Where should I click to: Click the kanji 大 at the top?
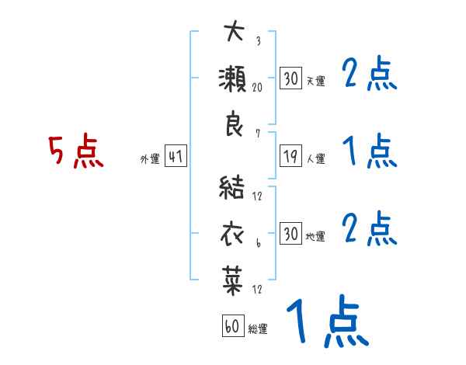[234, 33]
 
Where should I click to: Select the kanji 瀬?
[234, 79]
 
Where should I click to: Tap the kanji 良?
[234, 125]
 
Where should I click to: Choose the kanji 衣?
[234, 234]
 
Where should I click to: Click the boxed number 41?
[176, 157]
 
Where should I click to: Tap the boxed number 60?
[231, 326]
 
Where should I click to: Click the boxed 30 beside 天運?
[290, 78]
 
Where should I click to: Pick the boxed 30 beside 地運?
[290, 234]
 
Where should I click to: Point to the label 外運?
[150, 159]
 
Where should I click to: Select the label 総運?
[258, 329]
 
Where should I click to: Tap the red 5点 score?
[75, 151]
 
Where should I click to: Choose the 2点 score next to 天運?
[370, 75]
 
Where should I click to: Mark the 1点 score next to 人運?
[369, 151]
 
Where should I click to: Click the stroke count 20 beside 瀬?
[257, 87]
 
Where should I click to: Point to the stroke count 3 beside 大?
[257, 41]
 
